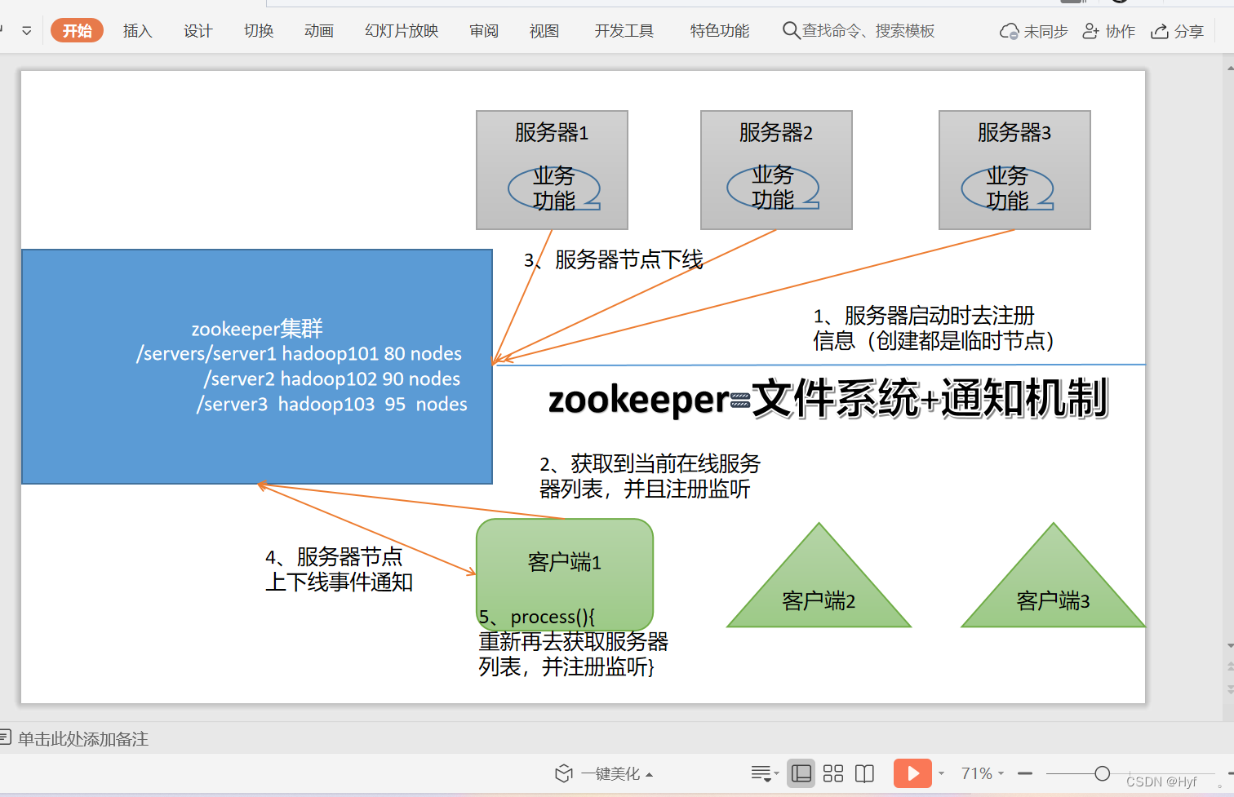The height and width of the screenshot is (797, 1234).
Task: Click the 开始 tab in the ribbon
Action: pos(77,31)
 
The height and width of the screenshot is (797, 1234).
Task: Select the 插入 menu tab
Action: pos(137,31)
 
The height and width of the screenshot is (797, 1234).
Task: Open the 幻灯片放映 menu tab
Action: pos(402,31)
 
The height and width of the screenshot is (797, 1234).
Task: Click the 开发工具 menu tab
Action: pos(624,31)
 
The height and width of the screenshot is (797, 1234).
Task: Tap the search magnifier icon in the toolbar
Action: pos(790,31)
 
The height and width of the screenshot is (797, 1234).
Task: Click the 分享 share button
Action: pos(1177,31)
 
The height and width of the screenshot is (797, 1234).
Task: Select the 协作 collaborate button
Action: pos(1108,31)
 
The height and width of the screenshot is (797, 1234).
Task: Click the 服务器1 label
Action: pos(552,132)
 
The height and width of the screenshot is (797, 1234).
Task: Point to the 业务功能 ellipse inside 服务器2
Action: pos(773,188)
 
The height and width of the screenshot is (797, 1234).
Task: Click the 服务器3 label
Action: pos(1014,132)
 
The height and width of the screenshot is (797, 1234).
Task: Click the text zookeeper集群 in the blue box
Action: pos(257,329)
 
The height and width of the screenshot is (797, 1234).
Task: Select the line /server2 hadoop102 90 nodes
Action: pos(332,379)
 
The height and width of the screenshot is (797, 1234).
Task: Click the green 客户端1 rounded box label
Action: pos(565,562)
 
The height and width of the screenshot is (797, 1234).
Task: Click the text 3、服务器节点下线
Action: pos(614,260)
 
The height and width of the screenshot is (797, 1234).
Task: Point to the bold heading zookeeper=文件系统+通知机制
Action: pos(828,400)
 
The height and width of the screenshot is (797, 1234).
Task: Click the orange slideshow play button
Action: pos(912,773)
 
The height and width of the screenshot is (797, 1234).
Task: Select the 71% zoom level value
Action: pos(976,773)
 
